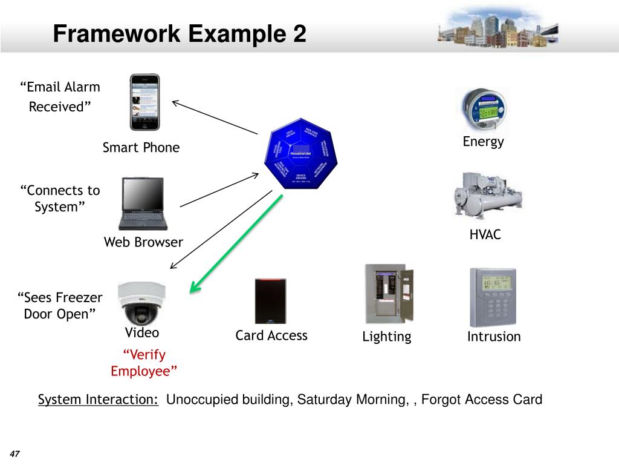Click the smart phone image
tap(145, 102)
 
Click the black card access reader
tap(270, 301)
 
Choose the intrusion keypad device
tap(493, 297)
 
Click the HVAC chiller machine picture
tap(487, 195)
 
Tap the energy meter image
tap(484, 108)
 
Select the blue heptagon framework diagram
tap(300, 154)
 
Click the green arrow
tap(236, 244)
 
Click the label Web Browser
tap(143, 243)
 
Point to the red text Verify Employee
tap(144, 363)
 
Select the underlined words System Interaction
tap(99, 400)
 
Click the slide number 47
tap(15, 455)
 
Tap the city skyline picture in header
tap(497, 28)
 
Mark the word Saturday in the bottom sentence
tap(325, 400)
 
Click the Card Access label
tap(271, 335)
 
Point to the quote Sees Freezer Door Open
tap(60, 306)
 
